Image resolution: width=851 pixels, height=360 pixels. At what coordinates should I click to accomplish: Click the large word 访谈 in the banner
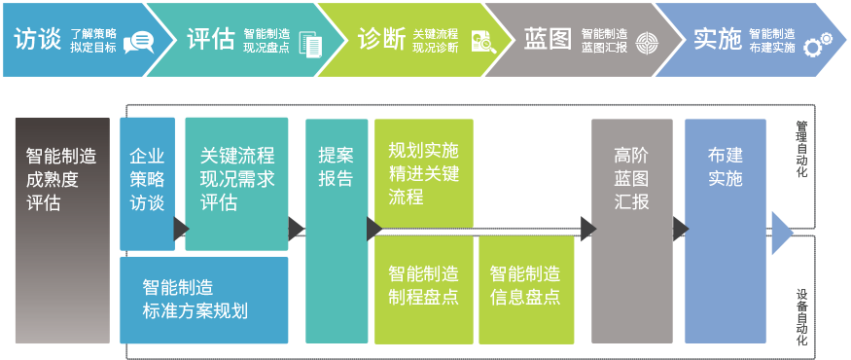click(38, 40)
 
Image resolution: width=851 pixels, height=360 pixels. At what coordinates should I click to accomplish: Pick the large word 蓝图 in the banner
click(548, 40)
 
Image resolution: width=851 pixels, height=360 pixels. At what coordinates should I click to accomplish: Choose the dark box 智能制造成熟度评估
click(62, 231)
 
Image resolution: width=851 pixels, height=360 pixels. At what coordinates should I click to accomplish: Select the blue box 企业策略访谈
click(147, 184)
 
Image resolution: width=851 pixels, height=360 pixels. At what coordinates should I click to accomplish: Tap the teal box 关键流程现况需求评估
click(236, 184)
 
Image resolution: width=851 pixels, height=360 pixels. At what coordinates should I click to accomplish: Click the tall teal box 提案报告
click(337, 231)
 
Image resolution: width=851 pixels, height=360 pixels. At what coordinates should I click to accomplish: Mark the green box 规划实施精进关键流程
click(424, 172)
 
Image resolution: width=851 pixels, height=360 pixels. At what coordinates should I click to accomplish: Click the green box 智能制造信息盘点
click(526, 289)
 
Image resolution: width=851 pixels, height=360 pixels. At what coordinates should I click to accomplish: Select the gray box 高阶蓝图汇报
click(632, 231)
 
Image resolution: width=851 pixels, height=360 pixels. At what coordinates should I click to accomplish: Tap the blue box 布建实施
click(726, 231)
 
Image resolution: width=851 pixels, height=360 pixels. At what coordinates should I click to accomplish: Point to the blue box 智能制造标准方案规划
click(204, 301)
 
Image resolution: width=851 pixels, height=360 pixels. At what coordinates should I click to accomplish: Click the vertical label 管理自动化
click(801, 149)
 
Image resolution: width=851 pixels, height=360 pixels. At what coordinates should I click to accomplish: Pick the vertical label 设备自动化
click(801, 317)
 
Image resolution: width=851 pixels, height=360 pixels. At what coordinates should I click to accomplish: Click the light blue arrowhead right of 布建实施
click(783, 233)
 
